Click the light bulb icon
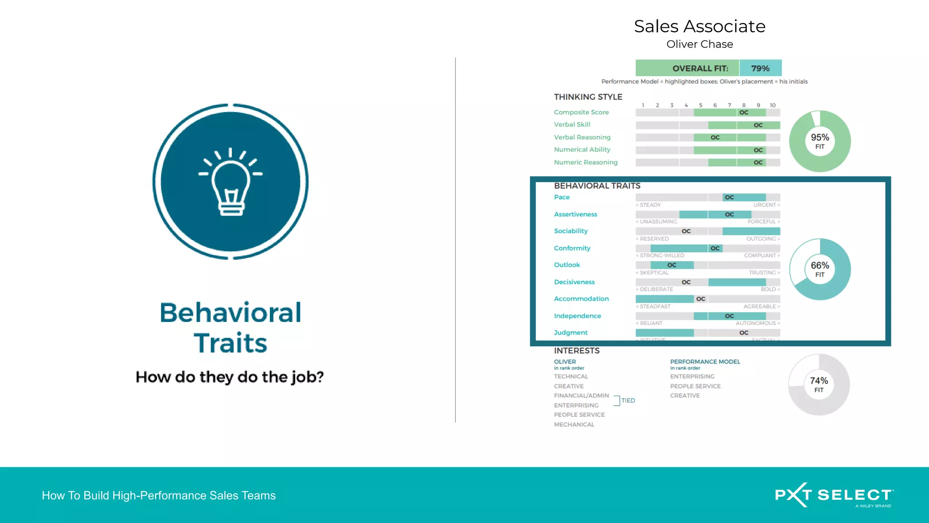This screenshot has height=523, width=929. tap(230, 182)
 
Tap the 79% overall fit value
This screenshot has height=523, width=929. tap(760, 68)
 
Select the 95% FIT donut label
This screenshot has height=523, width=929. tap(820, 141)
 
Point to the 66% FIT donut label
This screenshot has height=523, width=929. tap(820, 269)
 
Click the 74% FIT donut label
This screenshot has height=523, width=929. tap(819, 384)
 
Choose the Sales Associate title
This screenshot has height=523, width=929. tap(699, 26)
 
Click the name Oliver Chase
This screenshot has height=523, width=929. tap(699, 44)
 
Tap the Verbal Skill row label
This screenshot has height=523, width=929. tap(572, 124)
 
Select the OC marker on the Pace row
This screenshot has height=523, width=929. tap(729, 197)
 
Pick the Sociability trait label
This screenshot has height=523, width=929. tap(571, 231)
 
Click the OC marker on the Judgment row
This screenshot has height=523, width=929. tap(744, 333)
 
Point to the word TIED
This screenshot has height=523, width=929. tap(628, 400)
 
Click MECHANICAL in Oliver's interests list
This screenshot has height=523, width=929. tap(574, 424)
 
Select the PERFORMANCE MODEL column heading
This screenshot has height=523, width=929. tap(705, 362)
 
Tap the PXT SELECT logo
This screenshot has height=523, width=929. tap(834, 495)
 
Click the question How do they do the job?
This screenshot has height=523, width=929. tap(230, 377)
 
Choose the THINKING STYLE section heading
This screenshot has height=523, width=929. tap(588, 97)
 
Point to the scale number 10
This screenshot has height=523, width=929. tap(773, 105)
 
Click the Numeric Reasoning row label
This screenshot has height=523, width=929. tap(586, 162)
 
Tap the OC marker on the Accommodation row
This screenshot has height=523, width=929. tap(701, 299)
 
